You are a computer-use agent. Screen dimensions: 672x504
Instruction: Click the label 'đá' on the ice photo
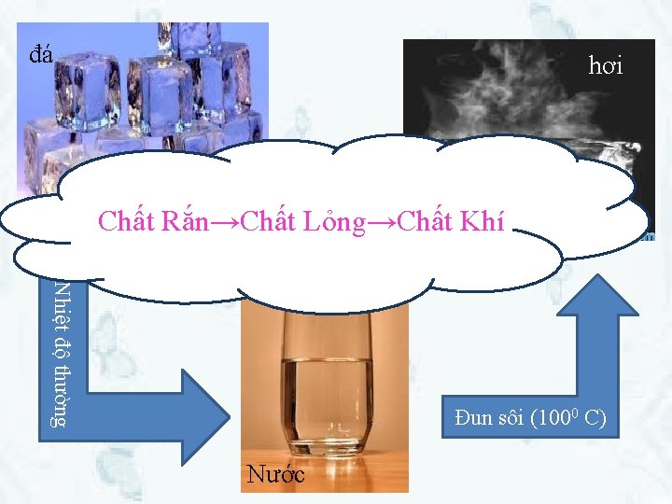pyautogui.click(x=40, y=54)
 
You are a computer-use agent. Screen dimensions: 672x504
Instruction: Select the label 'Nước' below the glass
pyautogui.click(x=276, y=474)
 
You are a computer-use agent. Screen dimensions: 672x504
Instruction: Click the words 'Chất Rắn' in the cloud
pyautogui.click(x=164, y=222)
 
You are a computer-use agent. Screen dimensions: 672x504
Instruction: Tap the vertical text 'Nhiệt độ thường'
pyautogui.click(x=59, y=353)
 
